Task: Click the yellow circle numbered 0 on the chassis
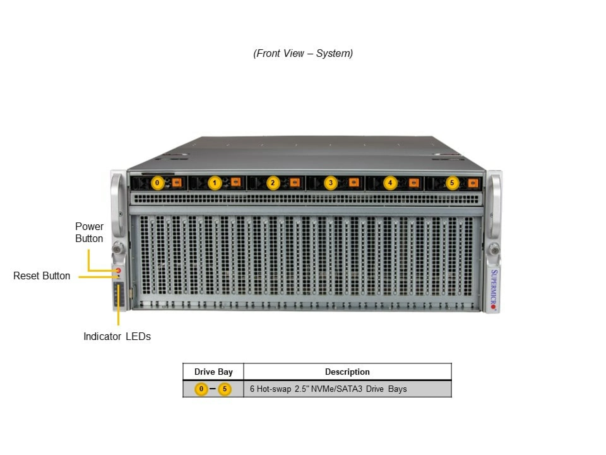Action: tap(157, 183)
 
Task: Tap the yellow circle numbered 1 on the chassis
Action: tap(215, 183)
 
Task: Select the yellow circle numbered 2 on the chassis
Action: tap(273, 183)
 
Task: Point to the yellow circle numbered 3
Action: tap(330, 183)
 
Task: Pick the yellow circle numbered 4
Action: tap(390, 183)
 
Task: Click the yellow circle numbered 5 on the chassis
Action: tap(452, 183)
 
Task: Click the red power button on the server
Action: tap(119, 270)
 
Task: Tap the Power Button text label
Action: tap(89, 232)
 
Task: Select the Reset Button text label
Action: tap(42, 276)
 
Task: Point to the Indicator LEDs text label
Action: tap(117, 337)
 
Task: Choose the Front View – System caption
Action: tap(303, 53)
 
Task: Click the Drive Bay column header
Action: tap(213, 372)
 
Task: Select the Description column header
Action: tap(347, 372)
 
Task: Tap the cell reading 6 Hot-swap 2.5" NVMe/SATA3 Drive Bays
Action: tap(328, 389)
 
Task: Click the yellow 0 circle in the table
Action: tap(201, 389)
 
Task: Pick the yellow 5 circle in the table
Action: tap(225, 389)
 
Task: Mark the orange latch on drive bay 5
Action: tap(472, 183)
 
